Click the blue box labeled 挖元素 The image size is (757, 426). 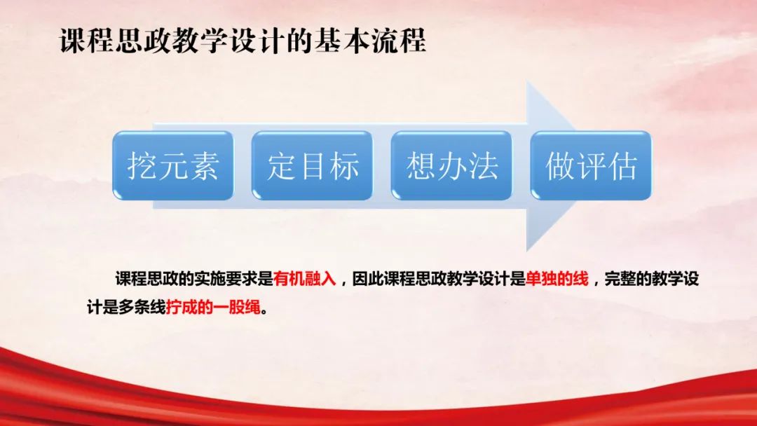pos(172,166)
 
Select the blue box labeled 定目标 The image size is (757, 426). pos(312,166)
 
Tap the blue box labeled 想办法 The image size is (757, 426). pos(451,166)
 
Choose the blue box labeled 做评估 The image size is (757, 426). pos(591,166)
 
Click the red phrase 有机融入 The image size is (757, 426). pos(306,279)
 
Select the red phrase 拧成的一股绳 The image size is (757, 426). pos(213,308)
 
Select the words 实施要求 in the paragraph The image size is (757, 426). pos(224,279)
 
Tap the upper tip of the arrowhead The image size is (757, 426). pos(528,83)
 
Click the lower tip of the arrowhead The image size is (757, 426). pos(528,250)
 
